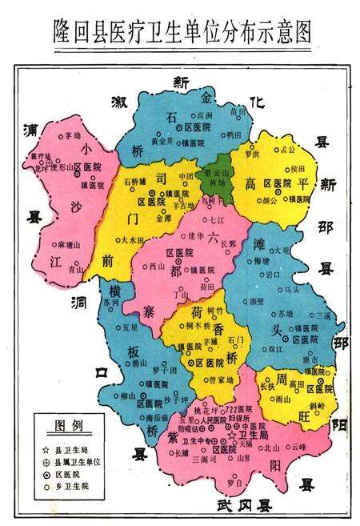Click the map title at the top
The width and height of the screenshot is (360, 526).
[x=180, y=30]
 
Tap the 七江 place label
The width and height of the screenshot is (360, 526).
[x=223, y=218]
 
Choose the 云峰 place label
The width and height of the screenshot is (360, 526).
[x=299, y=446]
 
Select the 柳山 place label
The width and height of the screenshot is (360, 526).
[x=117, y=396]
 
